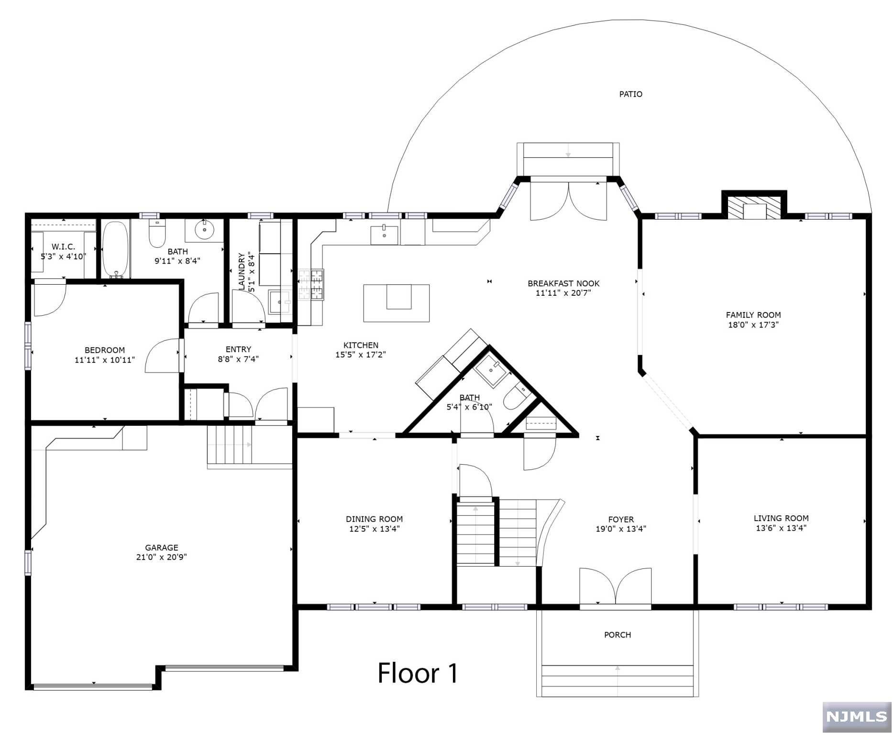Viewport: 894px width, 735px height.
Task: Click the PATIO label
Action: coord(630,94)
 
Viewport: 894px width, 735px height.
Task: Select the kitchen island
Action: coord(396,302)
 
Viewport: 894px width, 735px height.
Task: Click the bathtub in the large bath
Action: coord(115,249)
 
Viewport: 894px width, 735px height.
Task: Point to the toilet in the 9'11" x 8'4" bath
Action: coord(156,234)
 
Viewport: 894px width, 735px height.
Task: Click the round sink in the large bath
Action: coord(205,230)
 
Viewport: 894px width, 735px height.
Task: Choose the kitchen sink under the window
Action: coord(384,234)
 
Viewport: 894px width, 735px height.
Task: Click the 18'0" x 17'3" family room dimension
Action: coord(753,325)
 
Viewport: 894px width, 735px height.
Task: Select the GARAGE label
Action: coord(162,547)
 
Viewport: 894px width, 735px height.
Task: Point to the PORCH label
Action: coord(617,635)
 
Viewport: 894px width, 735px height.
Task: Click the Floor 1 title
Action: coord(418,673)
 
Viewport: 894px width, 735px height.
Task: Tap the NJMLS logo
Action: coord(856,716)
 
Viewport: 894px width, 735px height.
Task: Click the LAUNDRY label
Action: coord(242,271)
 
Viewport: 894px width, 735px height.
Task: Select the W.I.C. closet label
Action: coord(63,247)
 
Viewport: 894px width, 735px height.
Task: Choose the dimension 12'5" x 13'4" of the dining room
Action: coord(374,529)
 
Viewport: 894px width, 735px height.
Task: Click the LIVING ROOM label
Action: coord(781,518)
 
